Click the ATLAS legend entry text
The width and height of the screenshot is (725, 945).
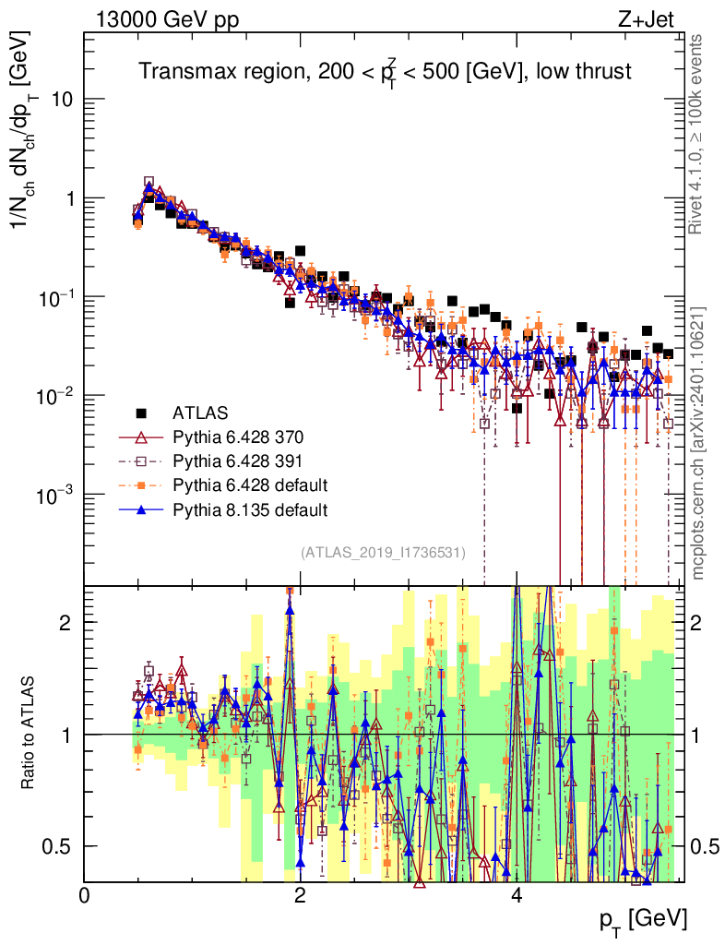pyautogui.click(x=200, y=413)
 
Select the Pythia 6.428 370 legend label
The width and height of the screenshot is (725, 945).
pyautogui.click(x=238, y=437)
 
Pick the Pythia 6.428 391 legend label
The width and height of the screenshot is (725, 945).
pyautogui.click(x=237, y=461)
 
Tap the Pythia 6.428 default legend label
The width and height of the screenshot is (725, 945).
pyautogui.click(x=250, y=485)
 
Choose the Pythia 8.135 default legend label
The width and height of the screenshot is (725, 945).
pyautogui.click(x=250, y=509)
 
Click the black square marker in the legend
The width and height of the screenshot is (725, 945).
pyautogui.click(x=141, y=413)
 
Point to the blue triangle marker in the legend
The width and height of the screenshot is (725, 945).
pyautogui.click(x=141, y=509)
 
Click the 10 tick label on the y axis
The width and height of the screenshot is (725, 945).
pyautogui.click(x=60, y=100)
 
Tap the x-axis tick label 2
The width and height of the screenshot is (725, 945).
pyautogui.click(x=300, y=894)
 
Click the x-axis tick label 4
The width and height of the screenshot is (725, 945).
pyautogui.click(x=516, y=894)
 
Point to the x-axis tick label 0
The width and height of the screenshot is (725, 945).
pyautogui.click(x=84, y=894)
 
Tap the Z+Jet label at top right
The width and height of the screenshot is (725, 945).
pyautogui.click(x=646, y=19)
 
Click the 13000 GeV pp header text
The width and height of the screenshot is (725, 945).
pyautogui.click(x=167, y=20)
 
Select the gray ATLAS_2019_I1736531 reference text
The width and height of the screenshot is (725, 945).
pyautogui.click(x=383, y=553)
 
